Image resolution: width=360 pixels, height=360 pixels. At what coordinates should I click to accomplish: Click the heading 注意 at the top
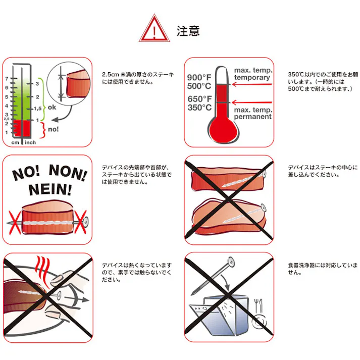(x=188, y=31)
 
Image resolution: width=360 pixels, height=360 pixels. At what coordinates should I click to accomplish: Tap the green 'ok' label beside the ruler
(x=52, y=107)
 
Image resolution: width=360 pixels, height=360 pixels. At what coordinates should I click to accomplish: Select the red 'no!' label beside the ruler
(x=53, y=130)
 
